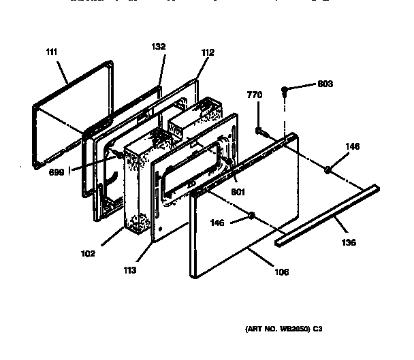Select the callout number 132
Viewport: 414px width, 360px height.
tap(157, 47)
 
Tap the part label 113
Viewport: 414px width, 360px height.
tap(130, 270)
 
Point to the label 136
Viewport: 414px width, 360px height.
tap(348, 242)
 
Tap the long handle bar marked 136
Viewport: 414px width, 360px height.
tap(327, 215)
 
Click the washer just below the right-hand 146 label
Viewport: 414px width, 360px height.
tap(327, 170)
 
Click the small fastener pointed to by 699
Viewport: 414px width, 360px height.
tap(120, 156)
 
